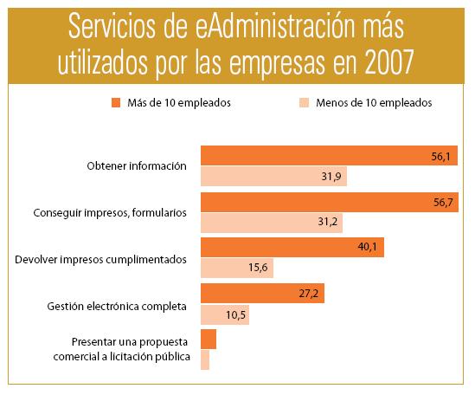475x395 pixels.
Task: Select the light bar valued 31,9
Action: coord(273,178)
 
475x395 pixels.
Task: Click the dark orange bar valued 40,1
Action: coord(292,249)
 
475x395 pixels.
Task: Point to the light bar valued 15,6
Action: coord(237,269)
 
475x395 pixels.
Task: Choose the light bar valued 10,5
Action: coord(225,315)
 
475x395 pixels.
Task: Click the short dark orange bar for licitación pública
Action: coord(209,340)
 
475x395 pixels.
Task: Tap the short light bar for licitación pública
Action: coord(205,359)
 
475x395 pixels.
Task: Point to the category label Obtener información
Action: coord(138,166)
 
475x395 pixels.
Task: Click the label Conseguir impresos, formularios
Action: coord(109,213)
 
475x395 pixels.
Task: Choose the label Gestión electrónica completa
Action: coord(117,306)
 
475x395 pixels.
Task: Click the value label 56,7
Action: coord(441,203)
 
